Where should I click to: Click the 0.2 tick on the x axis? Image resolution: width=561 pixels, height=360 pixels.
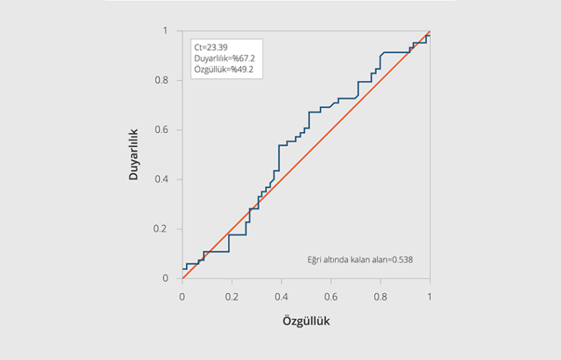(x=232, y=296)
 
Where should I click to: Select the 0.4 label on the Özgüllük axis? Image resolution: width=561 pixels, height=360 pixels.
(x=282, y=296)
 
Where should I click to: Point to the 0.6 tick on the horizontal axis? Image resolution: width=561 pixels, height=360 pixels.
(x=331, y=296)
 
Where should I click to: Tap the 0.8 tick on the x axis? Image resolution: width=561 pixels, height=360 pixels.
(x=381, y=296)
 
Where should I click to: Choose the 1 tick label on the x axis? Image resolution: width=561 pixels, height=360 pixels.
(x=430, y=296)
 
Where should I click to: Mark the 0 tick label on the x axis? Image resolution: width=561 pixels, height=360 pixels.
(x=183, y=296)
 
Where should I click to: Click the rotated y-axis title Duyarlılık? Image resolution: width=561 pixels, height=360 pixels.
(x=134, y=154)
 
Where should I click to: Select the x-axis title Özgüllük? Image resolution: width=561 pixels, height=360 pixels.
(x=307, y=321)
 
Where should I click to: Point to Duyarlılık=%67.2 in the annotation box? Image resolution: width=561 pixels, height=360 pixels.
(x=224, y=58)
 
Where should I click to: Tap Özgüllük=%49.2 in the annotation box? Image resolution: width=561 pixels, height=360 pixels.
(x=222, y=69)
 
